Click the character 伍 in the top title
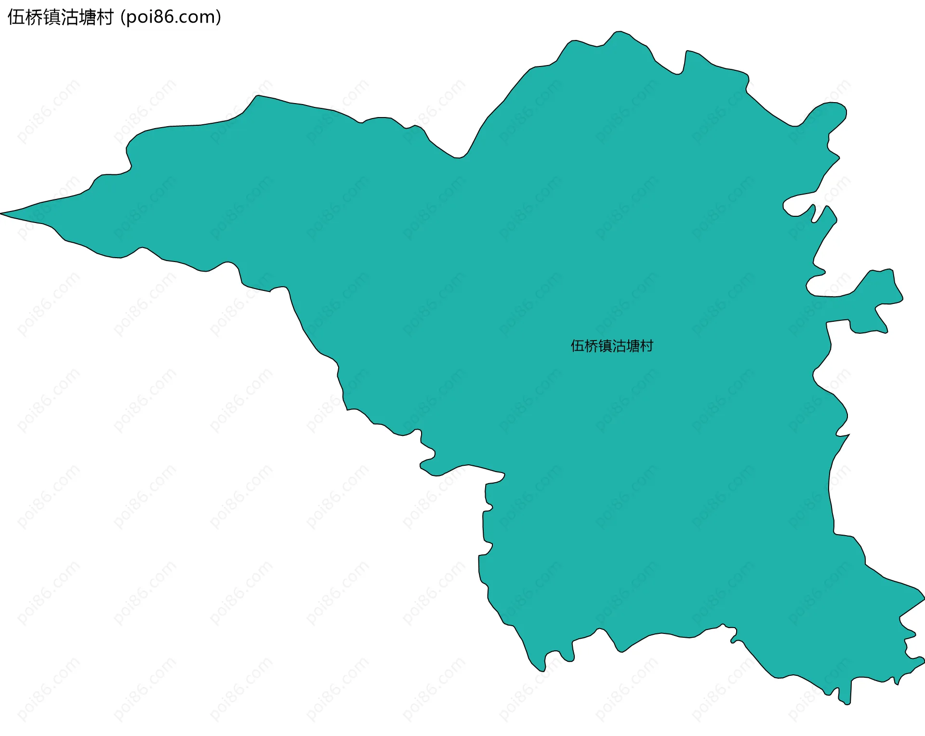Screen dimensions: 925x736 (x=16, y=17)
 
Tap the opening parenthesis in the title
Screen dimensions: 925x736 (x=123, y=17)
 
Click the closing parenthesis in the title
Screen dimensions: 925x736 (x=219, y=17)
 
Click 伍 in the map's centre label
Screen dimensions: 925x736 (x=577, y=346)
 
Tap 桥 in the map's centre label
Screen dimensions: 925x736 (x=591, y=346)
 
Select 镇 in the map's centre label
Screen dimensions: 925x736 (x=605, y=346)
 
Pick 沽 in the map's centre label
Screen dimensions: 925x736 (x=619, y=346)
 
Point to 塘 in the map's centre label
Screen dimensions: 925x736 (x=633, y=346)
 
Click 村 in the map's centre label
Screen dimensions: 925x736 (x=647, y=346)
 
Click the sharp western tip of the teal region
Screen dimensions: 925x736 (x=3, y=213)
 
